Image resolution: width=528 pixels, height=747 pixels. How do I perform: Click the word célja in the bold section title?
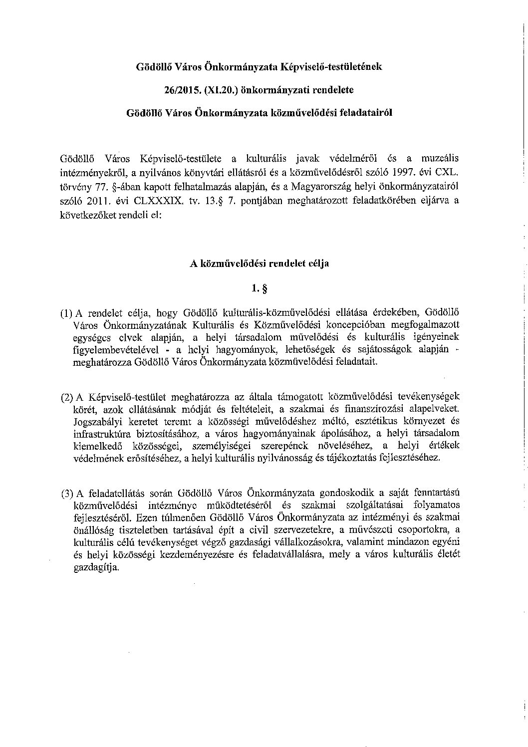tap(317, 264)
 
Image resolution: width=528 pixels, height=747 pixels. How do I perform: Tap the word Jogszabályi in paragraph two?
tap(95, 422)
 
